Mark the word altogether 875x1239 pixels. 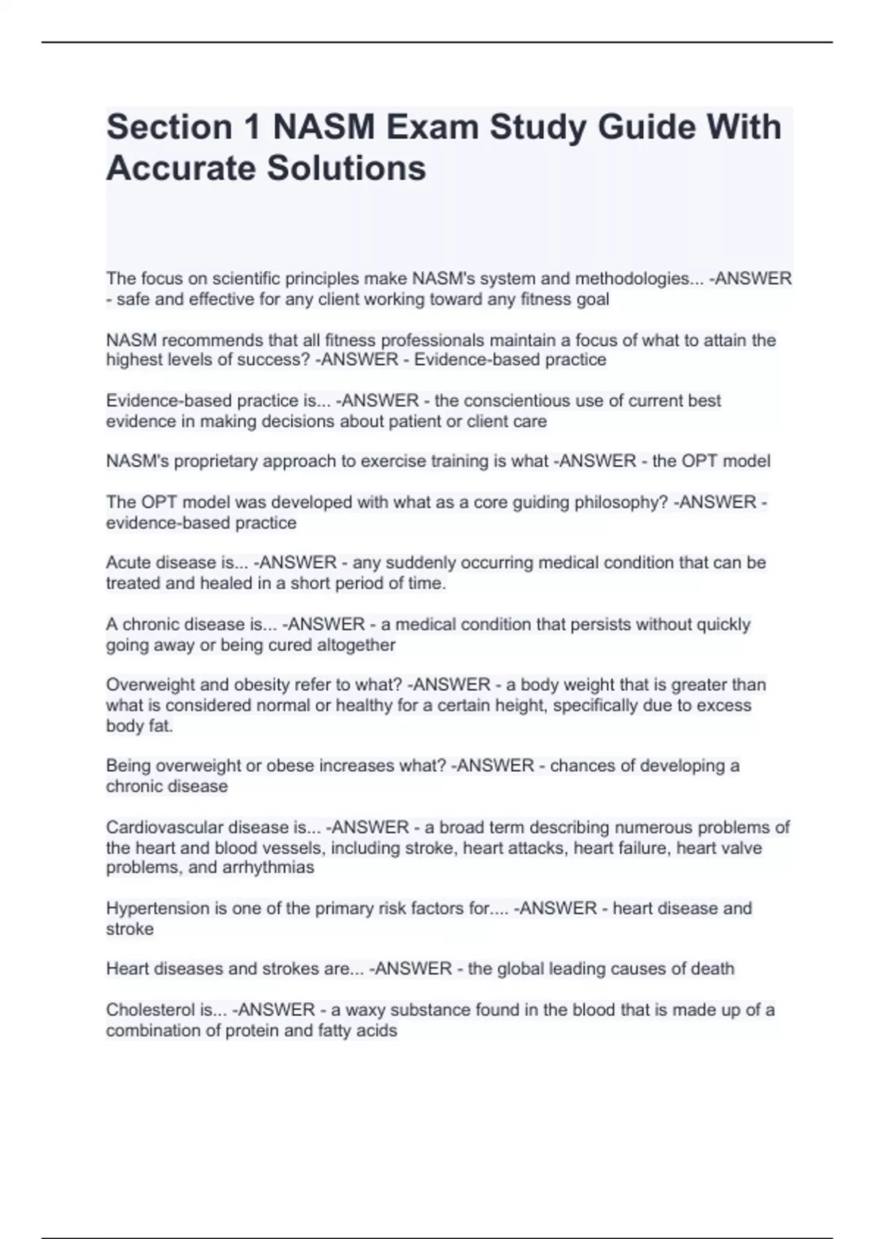[355, 645]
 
